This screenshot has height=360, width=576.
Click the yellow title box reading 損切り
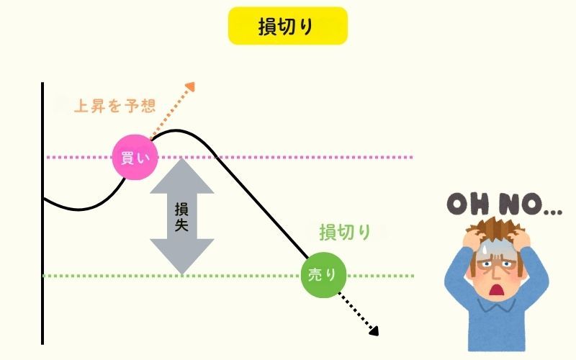(287, 26)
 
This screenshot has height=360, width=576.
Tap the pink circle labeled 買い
(135, 158)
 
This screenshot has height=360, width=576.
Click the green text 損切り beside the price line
(345, 232)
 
